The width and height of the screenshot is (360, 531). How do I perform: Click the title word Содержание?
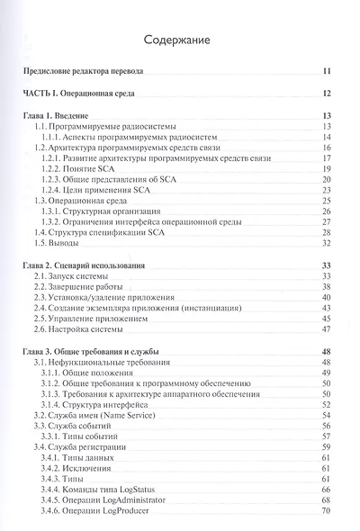[180, 40]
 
